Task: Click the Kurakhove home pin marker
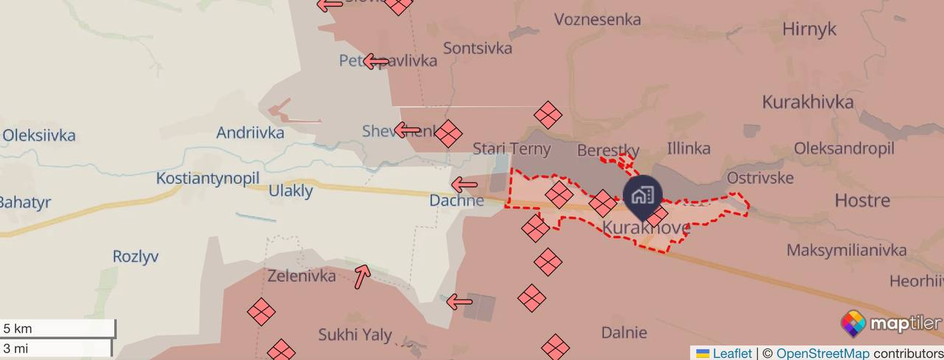point(643,196)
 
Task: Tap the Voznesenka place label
point(597,19)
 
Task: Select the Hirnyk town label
point(809,29)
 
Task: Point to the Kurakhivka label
point(808,102)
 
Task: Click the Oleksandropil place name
point(844,148)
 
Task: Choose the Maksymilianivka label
point(846,250)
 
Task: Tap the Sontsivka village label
point(477,48)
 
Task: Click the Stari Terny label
point(511,149)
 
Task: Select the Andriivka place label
point(250,133)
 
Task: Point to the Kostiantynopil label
point(207,179)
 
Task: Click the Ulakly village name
point(291,191)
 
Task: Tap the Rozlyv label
point(135,257)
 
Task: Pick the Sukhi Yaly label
point(355,335)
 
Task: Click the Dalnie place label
point(624,333)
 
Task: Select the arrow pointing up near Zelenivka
point(361,277)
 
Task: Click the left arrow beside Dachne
point(464,184)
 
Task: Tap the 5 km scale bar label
point(18,328)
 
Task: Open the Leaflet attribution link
point(732,353)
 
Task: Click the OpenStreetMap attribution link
point(822,353)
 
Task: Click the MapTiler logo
point(891,323)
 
